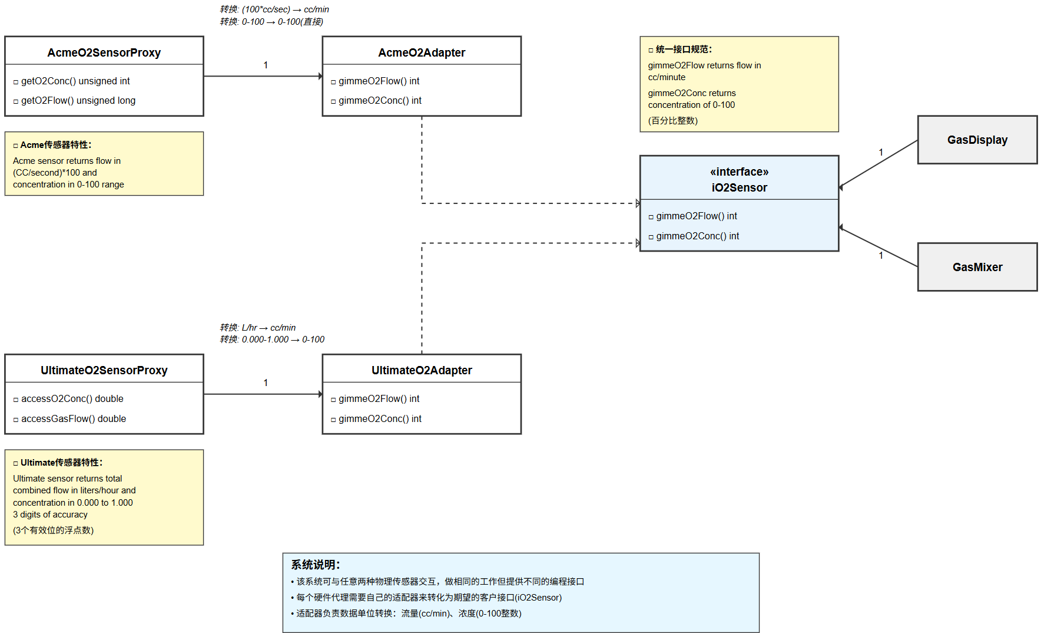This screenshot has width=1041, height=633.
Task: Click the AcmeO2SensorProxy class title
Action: point(104,52)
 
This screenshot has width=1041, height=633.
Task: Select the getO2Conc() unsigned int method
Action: point(75,81)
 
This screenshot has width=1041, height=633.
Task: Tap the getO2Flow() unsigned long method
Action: point(78,100)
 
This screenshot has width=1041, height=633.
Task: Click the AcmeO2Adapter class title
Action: point(422,52)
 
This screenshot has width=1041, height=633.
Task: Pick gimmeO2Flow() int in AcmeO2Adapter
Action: point(379,81)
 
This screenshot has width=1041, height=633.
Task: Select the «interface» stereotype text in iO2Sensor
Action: point(739,172)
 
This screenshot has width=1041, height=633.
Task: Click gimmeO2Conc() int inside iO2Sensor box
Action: point(697,236)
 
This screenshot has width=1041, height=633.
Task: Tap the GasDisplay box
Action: point(977,140)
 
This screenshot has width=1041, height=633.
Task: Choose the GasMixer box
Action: point(977,267)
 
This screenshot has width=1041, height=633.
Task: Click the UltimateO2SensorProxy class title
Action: point(104,370)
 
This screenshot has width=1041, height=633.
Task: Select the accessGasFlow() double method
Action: point(74,418)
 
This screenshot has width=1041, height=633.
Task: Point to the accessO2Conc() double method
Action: point(72,398)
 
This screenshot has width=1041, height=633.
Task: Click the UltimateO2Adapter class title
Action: point(422,370)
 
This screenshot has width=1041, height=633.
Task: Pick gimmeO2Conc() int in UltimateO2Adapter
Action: point(380,418)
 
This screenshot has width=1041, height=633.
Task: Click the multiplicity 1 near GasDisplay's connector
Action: point(881,152)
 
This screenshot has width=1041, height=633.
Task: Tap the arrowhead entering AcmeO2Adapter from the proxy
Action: point(320,76)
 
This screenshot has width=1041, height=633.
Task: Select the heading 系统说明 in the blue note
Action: point(316,565)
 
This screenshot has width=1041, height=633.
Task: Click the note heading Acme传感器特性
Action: point(56,144)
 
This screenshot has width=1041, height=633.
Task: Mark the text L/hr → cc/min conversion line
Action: point(258,327)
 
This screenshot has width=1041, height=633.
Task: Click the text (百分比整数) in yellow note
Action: point(673,120)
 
